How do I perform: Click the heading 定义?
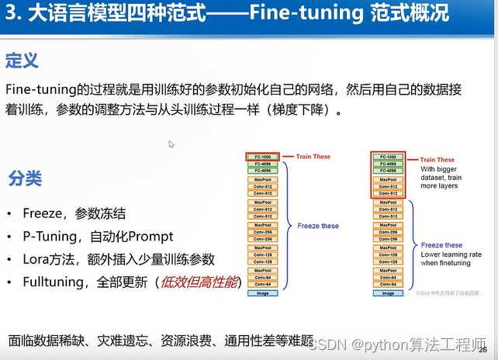(x=22, y=61)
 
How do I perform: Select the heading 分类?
(x=25, y=178)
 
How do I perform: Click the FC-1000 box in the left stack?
(x=262, y=157)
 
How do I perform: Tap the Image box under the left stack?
(x=262, y=293)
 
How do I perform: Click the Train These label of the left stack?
(x=313, y=157)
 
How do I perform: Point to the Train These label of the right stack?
(x=437, y=160)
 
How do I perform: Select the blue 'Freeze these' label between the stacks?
(x=318, y=226)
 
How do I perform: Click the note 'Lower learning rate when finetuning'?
(x=451, y=259)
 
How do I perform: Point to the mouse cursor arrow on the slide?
(x=171, y=144)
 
